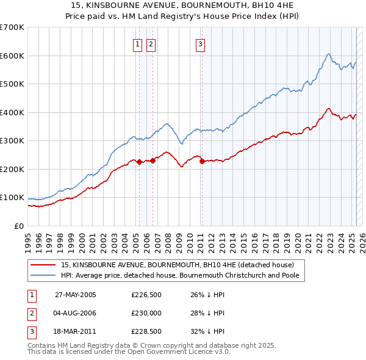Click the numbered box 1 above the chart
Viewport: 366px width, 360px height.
[137, 43]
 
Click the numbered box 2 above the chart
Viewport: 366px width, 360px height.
[150, 43]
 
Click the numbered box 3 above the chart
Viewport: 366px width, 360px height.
[200, 43]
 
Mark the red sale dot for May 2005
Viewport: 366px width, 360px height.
[139, 162]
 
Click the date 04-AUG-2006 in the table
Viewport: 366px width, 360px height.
[76, 313]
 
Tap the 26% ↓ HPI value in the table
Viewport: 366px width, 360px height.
[207, 295]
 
